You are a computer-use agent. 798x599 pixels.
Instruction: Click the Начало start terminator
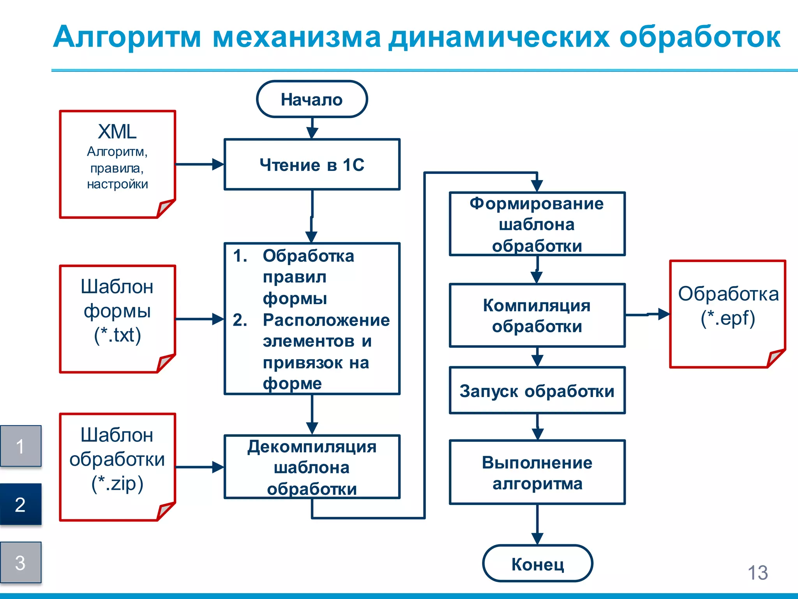click(312, 99)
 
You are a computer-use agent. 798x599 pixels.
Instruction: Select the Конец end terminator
click(537, 564)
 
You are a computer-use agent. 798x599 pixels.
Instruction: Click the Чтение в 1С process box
click(312, 165)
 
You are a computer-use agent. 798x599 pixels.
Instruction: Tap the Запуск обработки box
click(537, 390)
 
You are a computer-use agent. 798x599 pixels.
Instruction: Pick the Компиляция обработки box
click(537, 315)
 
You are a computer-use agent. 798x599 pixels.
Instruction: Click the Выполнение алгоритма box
click(537, 472)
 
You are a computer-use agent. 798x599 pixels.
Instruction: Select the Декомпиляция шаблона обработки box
click(312, 467)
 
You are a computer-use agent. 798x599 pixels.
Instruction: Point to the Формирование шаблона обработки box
click(537, 224)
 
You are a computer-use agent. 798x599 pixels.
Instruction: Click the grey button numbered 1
click(21, 446)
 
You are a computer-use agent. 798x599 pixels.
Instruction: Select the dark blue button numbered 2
click(21, 504)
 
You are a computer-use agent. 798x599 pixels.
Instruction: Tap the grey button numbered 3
click(21, 562)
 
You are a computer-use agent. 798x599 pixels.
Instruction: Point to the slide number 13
click(757, 573)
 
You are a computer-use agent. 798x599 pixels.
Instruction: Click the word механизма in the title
click(296, 37)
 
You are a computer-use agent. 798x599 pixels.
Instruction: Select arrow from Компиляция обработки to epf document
click(647, 314)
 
